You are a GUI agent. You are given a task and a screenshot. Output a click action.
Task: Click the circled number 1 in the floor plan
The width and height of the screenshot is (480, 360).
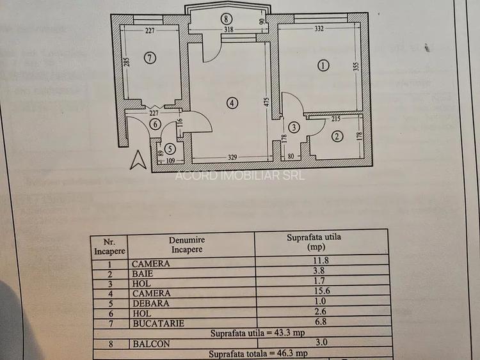click(323, 65)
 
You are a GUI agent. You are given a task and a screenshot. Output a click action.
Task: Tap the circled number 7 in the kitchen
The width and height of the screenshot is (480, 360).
click(150, 58)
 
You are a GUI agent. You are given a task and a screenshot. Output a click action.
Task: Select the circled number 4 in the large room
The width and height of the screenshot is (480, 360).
click(232, 102)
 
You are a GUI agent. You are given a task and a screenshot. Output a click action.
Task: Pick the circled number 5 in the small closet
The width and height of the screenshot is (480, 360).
click(169, 149)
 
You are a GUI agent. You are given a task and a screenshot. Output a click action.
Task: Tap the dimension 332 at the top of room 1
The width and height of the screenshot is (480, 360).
click(319, 28)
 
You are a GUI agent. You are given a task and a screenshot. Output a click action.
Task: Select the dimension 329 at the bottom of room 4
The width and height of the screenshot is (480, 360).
click(232, 156)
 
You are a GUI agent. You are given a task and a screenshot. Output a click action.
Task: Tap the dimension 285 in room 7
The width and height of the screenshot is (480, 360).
click(127, 63)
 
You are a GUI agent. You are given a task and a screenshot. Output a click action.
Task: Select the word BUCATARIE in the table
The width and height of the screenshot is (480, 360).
click(157, 324)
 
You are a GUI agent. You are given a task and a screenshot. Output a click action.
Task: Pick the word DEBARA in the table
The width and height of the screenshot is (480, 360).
click(151, 304)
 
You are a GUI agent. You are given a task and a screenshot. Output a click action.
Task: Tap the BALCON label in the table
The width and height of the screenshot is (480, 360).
click(151, 343)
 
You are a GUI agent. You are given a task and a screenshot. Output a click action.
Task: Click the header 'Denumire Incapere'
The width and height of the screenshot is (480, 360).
click(186, 244)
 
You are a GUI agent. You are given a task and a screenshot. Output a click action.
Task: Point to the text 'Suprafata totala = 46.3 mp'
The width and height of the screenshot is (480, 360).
click(260, 353)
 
